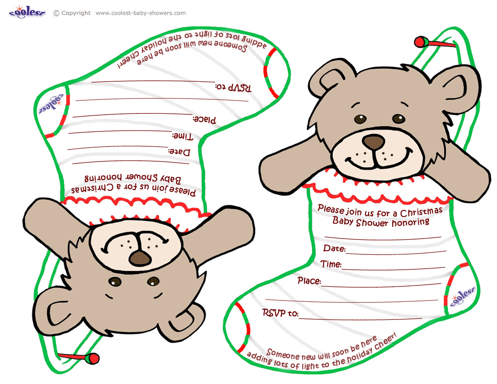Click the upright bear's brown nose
click(374, 142)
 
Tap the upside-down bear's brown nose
click(140, 258)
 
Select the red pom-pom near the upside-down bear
click(94, 358)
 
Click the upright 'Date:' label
click(334, 249)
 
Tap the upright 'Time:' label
click(331, 264)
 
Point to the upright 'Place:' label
click(309, 281)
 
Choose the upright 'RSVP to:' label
click(280, 313)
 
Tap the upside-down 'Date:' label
click(179, 152)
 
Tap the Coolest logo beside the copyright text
click(28, 12)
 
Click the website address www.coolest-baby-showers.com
click(141, 13)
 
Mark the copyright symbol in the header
click(56, 13)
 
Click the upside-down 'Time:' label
click(183, 136)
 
